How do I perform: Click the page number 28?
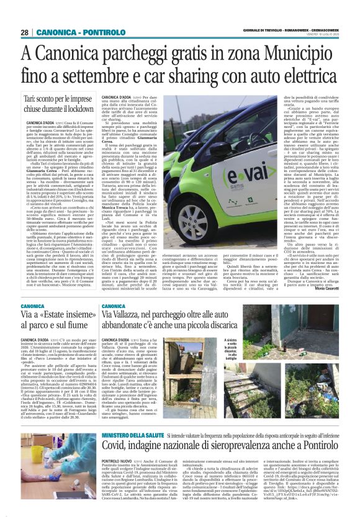[24, 33]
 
